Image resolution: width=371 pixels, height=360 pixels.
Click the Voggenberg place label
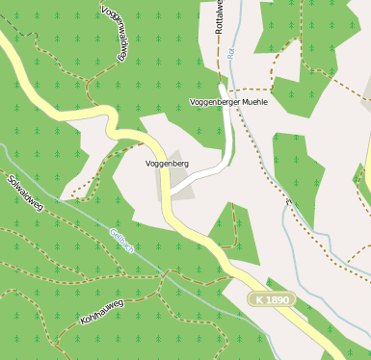coord(166,164)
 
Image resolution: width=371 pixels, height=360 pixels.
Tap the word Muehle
coord(251,101)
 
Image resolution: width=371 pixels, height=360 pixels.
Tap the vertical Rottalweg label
coord(220,17)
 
